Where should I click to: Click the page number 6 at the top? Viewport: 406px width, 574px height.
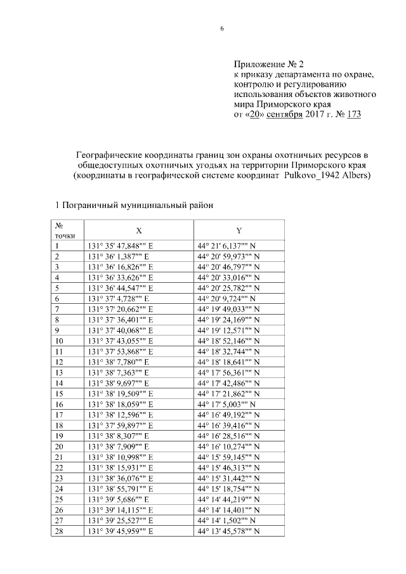(222, 29)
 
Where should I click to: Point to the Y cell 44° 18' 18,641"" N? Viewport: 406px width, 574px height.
(228, 361)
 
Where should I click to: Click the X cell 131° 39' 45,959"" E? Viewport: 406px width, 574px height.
(121, 529)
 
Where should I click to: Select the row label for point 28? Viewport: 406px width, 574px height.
(59, 529)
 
